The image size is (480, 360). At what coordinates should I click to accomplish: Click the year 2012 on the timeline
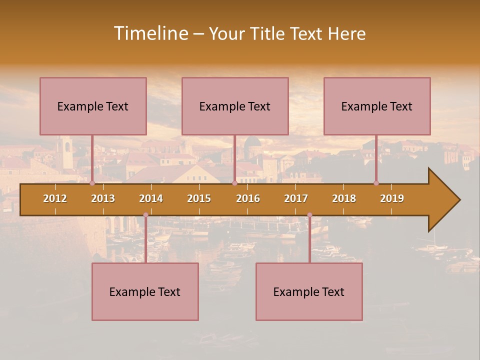55,198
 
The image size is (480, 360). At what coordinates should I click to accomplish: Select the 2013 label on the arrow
103,198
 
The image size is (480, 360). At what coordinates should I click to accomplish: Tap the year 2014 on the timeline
151,198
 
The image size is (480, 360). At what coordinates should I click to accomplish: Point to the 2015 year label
199,198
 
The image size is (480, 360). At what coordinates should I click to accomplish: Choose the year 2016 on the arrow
248,198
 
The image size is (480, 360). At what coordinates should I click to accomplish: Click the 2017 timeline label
296,198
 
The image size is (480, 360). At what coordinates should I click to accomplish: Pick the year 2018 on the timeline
344,198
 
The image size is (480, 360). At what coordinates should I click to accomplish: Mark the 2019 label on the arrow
392,198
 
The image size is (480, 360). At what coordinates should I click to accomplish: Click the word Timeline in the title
150,33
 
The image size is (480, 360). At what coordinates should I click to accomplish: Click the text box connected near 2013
93,106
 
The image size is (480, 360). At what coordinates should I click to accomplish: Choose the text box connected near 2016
235,106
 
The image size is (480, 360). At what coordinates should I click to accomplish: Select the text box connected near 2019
377,106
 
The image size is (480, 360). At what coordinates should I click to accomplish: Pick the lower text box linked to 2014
145,291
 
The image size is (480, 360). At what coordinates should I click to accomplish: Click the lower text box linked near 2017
309,291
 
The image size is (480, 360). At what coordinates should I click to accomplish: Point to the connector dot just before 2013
92,183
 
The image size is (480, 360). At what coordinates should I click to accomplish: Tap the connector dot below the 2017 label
309,215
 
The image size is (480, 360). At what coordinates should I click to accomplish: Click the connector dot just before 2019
376,183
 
